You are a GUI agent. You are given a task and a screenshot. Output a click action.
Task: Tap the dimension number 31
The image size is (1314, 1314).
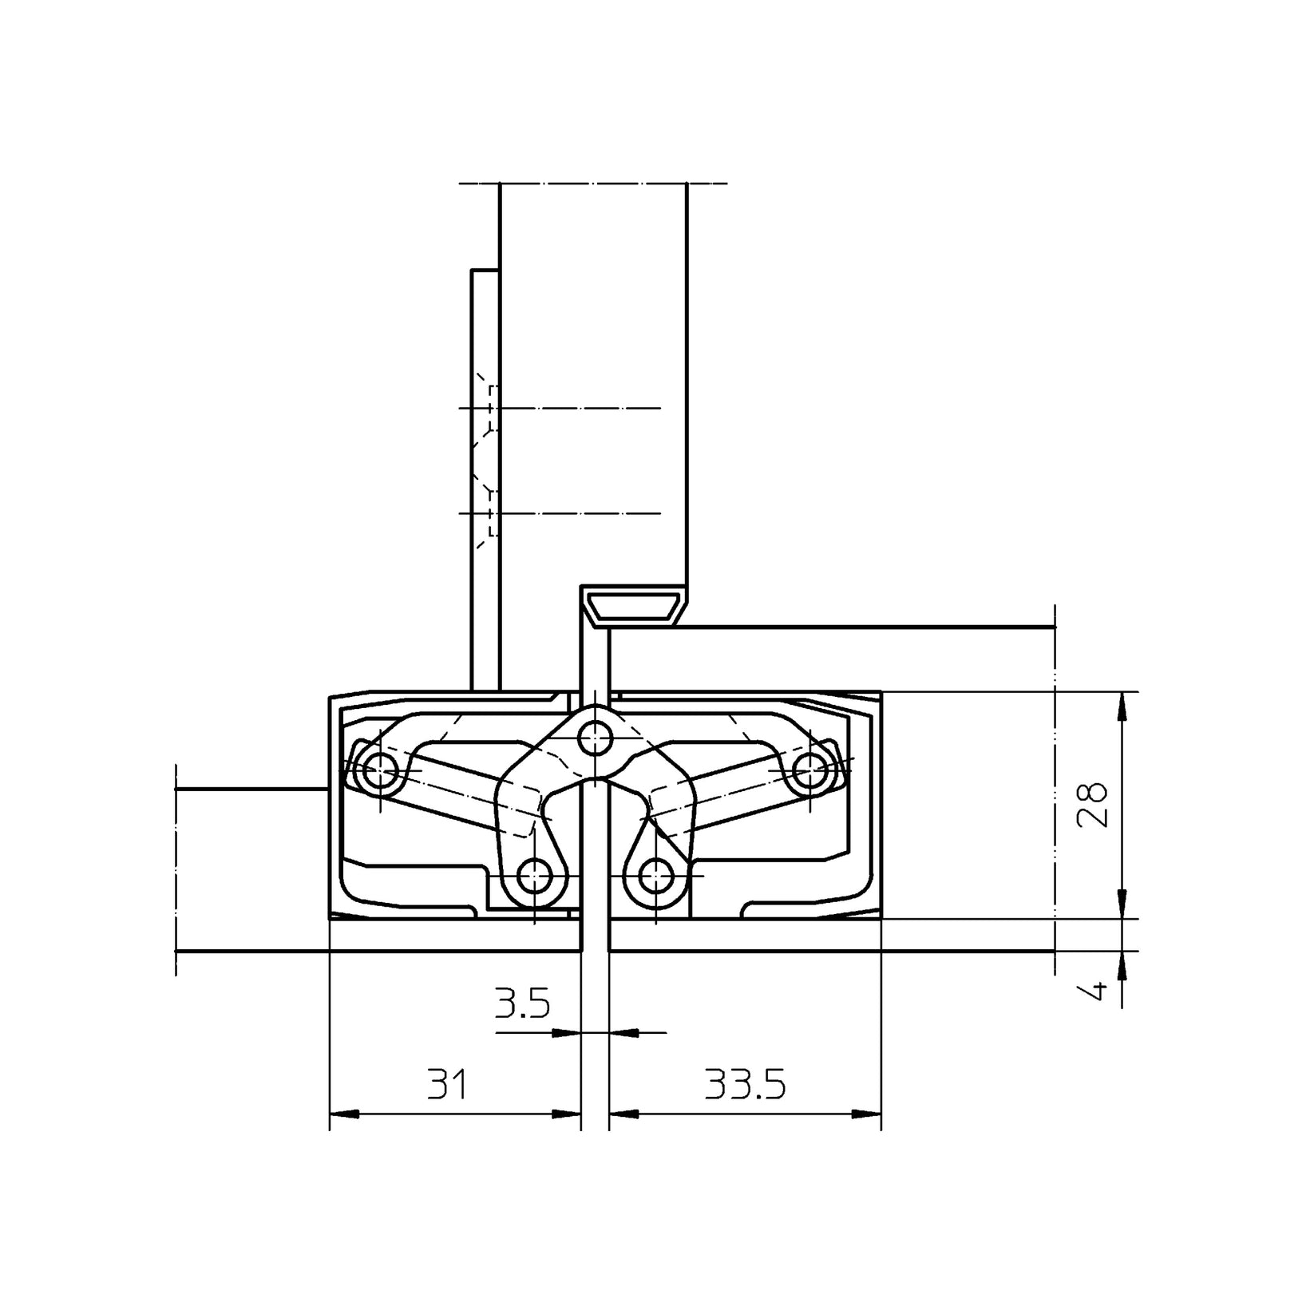448,1085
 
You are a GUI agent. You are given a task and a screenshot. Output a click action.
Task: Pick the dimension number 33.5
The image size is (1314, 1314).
745,1085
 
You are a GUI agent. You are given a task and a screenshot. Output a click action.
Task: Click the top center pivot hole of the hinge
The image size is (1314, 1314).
595,738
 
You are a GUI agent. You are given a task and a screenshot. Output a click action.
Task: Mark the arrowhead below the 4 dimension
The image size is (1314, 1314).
1122,967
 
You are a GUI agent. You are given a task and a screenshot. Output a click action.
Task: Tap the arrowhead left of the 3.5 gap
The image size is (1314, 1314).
565,1033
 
